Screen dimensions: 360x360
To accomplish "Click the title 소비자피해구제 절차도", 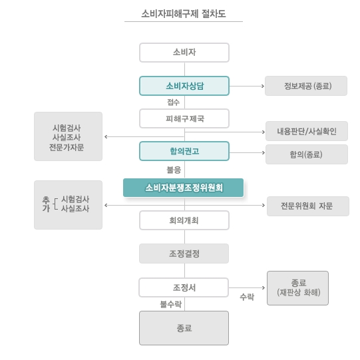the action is point(184,14).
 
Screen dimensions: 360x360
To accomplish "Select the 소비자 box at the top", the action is point(184,53).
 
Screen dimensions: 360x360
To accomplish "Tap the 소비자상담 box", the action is point(184,86).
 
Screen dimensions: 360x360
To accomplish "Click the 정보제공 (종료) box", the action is point(306,86).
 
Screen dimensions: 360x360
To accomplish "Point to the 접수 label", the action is point(173,102).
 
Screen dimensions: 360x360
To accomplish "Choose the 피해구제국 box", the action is point(184,118).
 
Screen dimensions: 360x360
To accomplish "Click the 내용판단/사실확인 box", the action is point(307,131).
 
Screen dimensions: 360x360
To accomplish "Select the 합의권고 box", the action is point(184,151).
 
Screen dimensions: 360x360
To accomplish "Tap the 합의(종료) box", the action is point(307,154).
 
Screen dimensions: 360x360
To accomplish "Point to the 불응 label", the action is point(174,170).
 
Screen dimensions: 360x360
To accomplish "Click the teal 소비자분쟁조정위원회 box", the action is point(183,188).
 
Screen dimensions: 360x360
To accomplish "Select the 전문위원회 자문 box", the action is point(308,206).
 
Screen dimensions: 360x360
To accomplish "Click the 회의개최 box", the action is point(184,220).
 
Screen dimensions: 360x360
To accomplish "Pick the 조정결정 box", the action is point(184,254).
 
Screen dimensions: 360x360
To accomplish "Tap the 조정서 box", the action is point(184,287).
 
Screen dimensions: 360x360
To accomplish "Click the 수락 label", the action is point(247,297).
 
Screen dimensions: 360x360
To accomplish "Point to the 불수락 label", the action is point(171,304).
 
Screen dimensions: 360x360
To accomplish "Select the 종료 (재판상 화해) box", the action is point(297,288).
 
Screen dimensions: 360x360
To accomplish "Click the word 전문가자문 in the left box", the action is point(67,147).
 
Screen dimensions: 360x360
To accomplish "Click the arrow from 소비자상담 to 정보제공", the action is point(247,86).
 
